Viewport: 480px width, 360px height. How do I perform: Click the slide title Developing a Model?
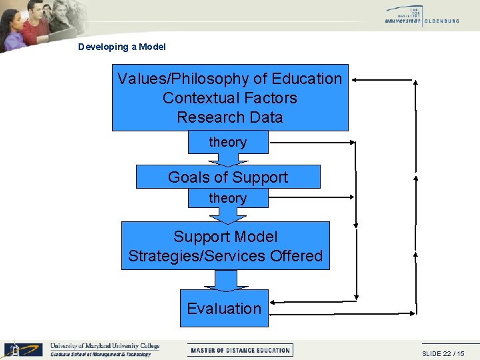click(121, 47)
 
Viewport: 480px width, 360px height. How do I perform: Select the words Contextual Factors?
click(229, 98)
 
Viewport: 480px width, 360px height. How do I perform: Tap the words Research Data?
click(229, 117)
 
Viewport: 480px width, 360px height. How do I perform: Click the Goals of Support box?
click(228, 177)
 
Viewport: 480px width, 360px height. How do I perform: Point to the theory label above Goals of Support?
click(227, 142)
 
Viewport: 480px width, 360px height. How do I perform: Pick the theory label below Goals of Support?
click(227, 198)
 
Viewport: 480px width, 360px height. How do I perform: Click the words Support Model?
click(225, 237)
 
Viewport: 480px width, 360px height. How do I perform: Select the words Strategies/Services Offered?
click(225, 256)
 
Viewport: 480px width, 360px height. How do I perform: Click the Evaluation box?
click(224, 309)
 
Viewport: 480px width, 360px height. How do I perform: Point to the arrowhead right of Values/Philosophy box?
click(356, 80)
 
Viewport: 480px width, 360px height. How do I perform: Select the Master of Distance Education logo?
click(241, 350)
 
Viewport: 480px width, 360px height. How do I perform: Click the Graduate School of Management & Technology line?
click(101, 355)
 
